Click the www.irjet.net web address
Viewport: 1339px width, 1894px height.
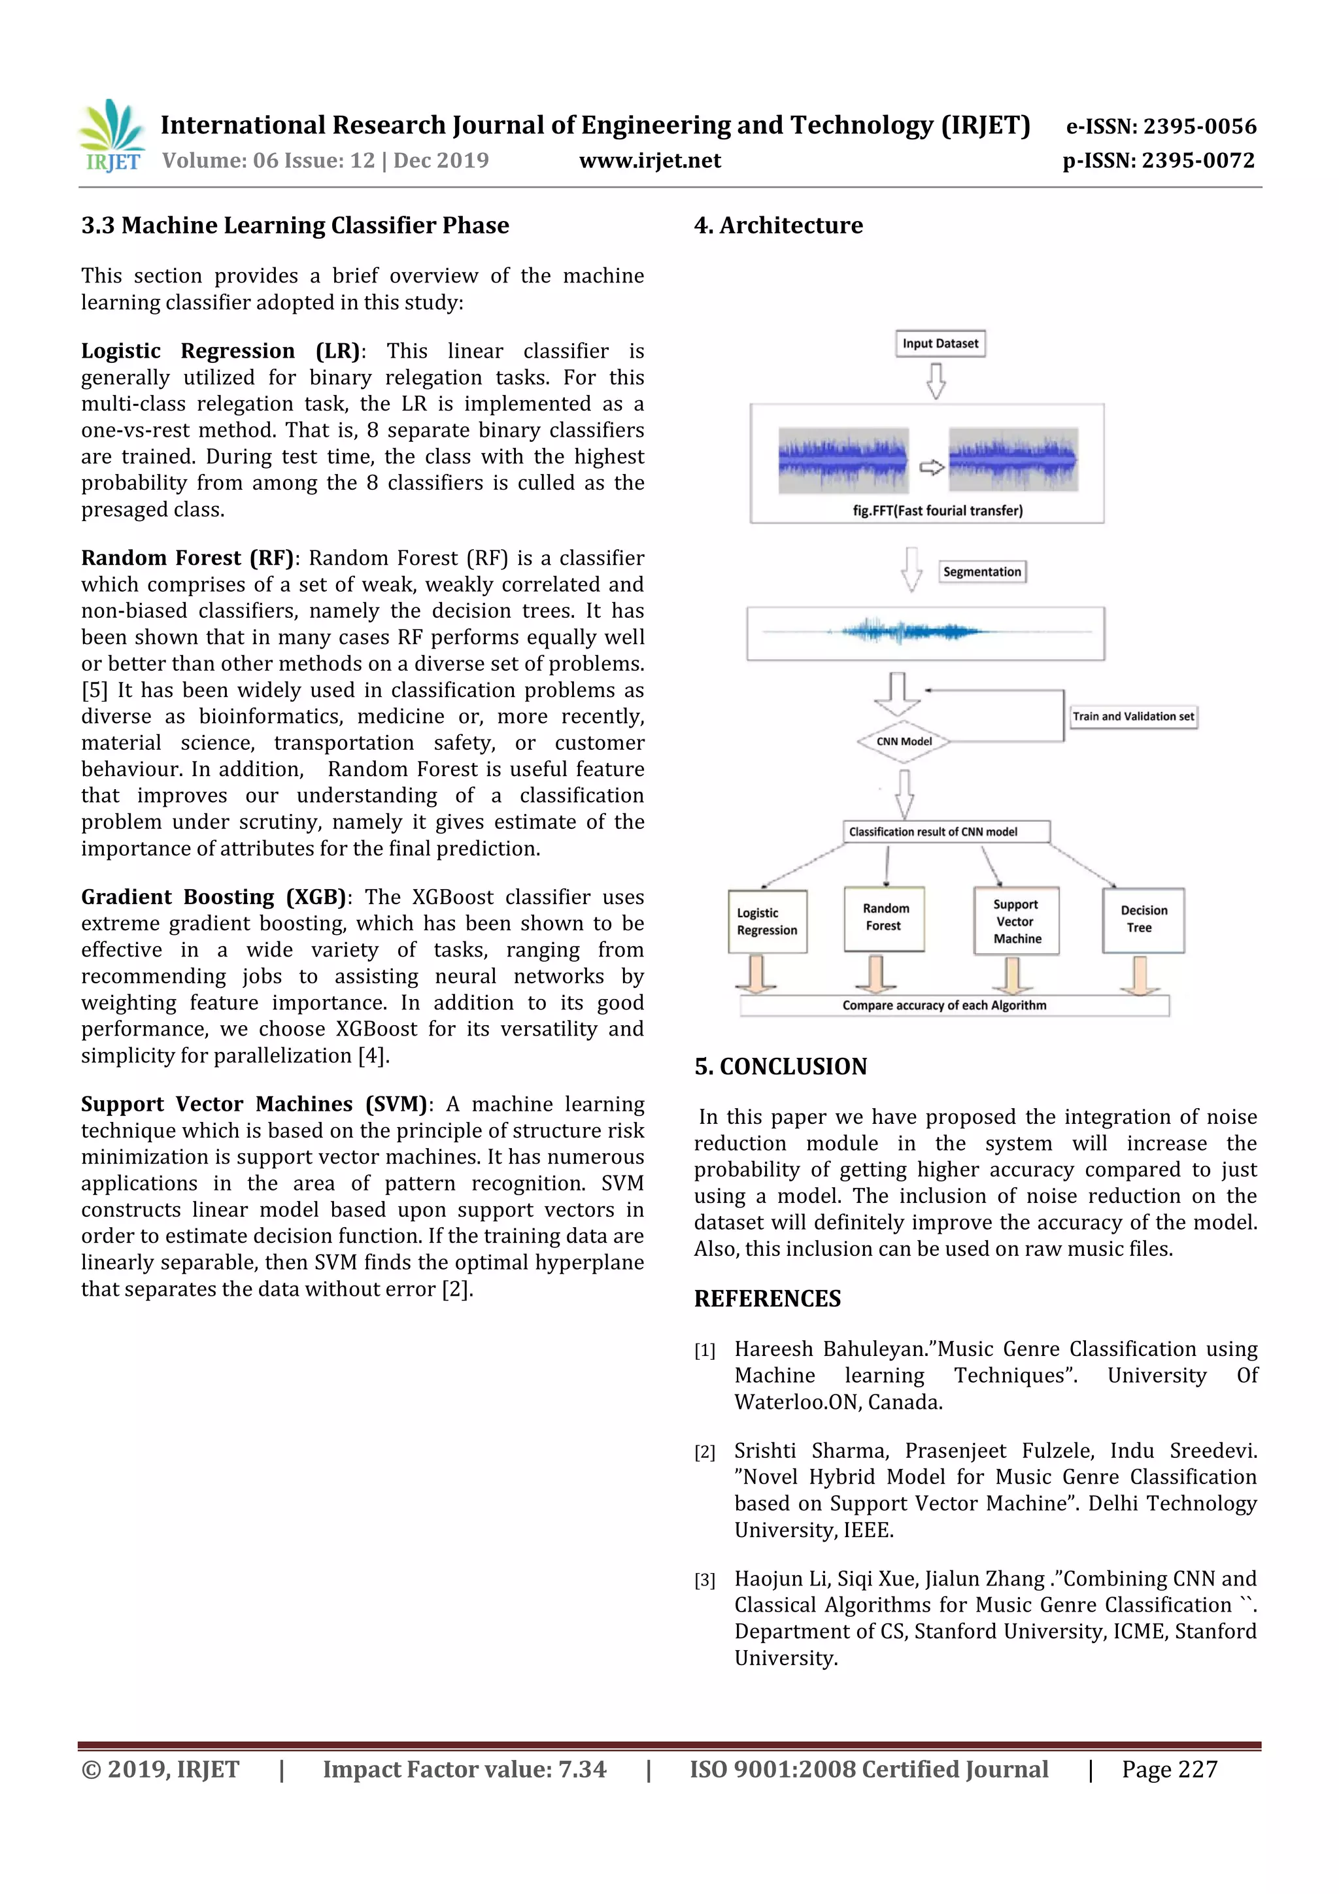pyautogui.click(x=649, y=160)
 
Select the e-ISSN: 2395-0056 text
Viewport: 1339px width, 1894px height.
pyautogui.click(x=1161, y=126)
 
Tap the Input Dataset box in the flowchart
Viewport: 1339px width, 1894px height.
pyautogui.click(x=940, y=343)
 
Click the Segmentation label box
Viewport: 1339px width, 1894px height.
pyautogui.click(x=982, y=571)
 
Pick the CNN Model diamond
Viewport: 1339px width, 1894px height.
pyautogui.click(x=904, y=741)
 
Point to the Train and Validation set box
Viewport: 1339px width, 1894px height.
pyautogui.click(x=1133, y=716)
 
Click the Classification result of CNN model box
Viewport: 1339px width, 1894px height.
pyautogui.click(x=945, y=832)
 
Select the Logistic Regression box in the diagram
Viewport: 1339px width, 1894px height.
pyautogui.click(x=768, y=921)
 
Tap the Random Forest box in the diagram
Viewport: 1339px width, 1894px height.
pyautogui.click(x=885, y=918)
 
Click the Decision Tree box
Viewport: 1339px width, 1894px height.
pyautogui.click(x=1143, y=920)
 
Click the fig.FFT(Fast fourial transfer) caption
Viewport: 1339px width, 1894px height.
pyautogui.click(x=937, y=511)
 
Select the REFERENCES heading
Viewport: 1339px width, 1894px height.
pyautogui.click(x=768, y=1298)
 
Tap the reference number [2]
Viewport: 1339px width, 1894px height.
pyautogui.click(x=705, y=1453)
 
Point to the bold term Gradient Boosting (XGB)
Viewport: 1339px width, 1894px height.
pyautogui.click(x=213, y=897)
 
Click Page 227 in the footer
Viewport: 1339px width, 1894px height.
pyautogui.click(x=1169, y=1768)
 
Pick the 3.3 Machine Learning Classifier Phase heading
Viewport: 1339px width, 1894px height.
pyautogui.click(x=294, y=225)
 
